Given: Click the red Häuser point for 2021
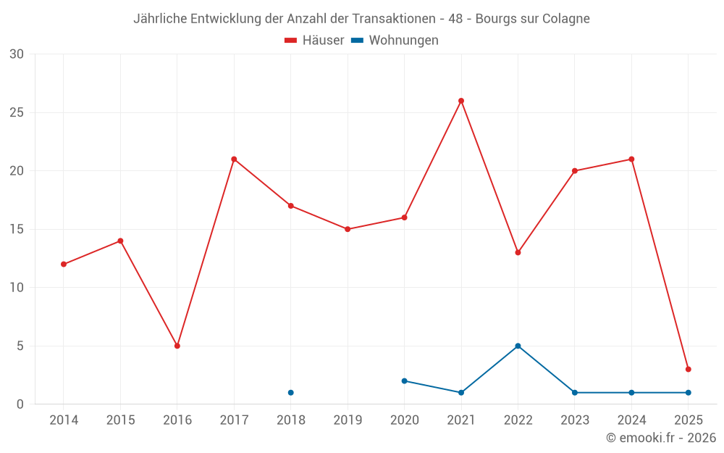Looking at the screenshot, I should point(461,101).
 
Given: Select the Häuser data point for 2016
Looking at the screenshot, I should point(177,346).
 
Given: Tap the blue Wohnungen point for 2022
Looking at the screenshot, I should point(518,346).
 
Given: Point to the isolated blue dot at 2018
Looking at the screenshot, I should point(291,392).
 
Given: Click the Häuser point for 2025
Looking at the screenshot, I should point(689,369).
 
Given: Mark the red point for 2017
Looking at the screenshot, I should point(234,159).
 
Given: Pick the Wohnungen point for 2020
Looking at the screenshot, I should point(404,381).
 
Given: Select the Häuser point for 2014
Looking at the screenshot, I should point(64,264).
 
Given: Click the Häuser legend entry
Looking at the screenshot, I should point(314,41).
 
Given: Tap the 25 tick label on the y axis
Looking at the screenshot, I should point(16,112).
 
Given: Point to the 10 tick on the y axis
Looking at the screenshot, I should point(16,288).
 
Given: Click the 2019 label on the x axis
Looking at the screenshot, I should point(348,420).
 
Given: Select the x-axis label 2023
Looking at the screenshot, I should point(575,420).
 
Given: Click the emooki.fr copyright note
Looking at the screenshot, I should point(660,438).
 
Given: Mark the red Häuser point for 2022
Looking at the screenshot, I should point(518,252).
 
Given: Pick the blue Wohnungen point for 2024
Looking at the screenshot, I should point(631,392).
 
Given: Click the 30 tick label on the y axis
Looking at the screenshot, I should point(16,54).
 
